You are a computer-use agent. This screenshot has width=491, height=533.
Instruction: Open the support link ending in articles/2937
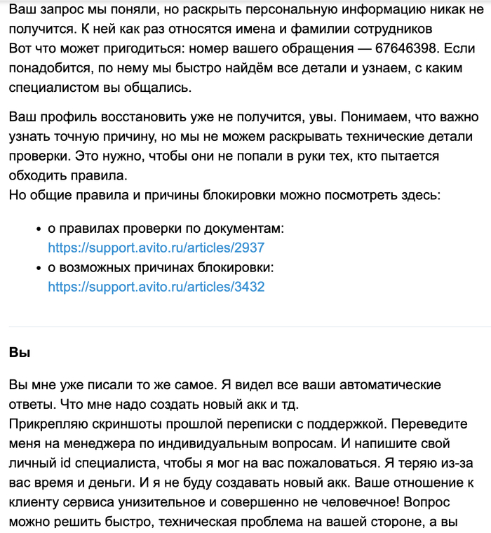[x=156, y=248]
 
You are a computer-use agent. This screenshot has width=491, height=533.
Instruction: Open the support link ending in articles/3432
[x=156, y=286]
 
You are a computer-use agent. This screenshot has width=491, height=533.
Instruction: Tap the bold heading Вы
[x=20, y=352]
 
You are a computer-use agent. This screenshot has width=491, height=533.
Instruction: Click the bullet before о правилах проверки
[x=38, y=229]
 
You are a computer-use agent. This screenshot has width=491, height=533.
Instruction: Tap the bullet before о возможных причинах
[x=38, y=268]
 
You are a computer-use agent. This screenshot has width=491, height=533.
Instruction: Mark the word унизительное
[x=163, y=503]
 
